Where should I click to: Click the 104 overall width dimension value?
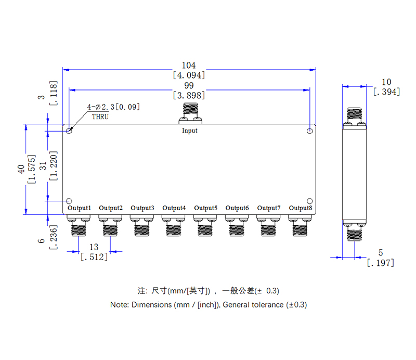tap(189, 66)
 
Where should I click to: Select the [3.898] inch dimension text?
tap(189, 95)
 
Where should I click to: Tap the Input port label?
tap(190, 131)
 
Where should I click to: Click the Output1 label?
tap(80, 208)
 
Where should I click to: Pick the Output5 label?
tap(205, 208)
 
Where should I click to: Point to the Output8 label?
tap(301, 208)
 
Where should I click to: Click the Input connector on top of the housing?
tap(190, 113)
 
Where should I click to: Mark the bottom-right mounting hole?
tap(309, 201)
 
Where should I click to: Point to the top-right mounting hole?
tap(309, 130)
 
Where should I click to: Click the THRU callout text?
tap(100, 117)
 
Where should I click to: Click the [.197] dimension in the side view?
tap(380, 263)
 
